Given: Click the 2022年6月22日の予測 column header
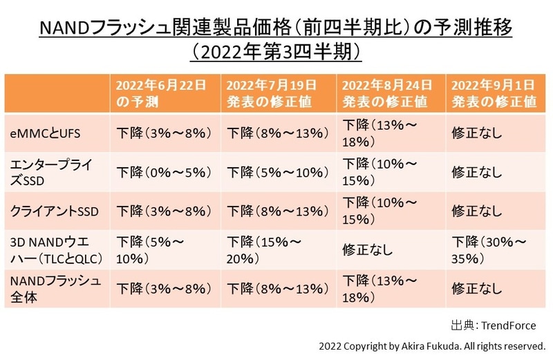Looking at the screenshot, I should pos(160,93).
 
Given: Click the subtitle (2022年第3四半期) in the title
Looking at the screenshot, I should pos(276,52).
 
